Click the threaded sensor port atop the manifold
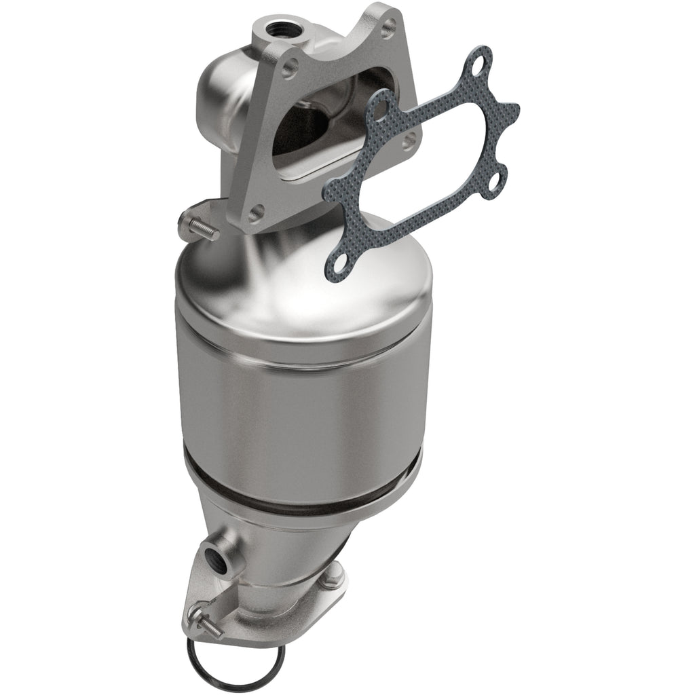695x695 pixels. click(x=278, y=29)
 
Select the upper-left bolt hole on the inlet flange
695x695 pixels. click(x=290, y=67)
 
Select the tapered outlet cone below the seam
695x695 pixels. click(x=299, y=536)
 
